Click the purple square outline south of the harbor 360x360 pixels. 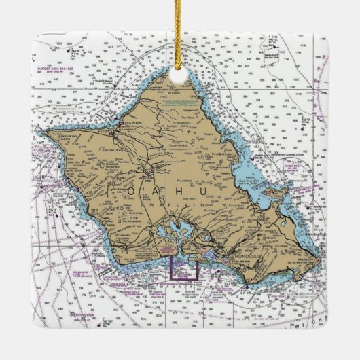184,268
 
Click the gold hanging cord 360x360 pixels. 179,34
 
